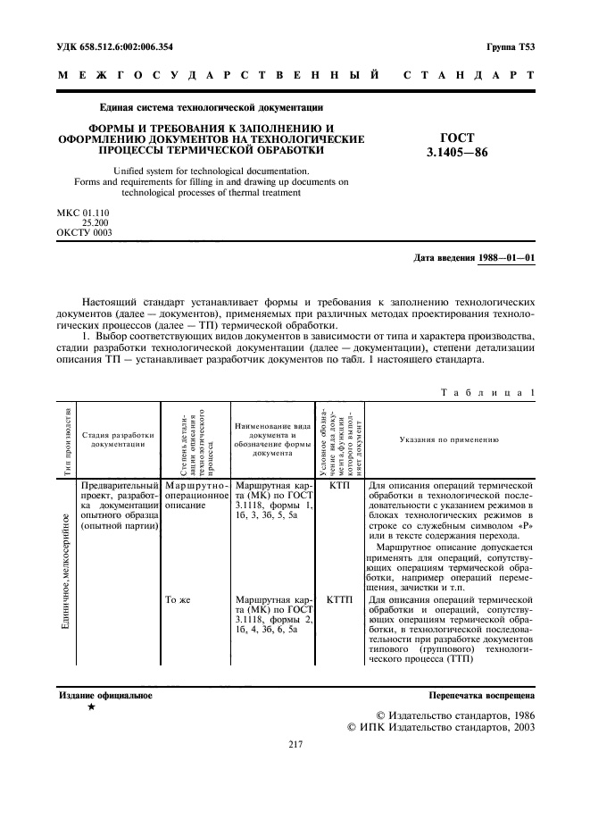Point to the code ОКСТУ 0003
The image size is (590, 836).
click(x=84, y=233)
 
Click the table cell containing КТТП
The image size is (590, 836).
click(x=339, y=600)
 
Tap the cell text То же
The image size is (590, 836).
click(x=179, y=600)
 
